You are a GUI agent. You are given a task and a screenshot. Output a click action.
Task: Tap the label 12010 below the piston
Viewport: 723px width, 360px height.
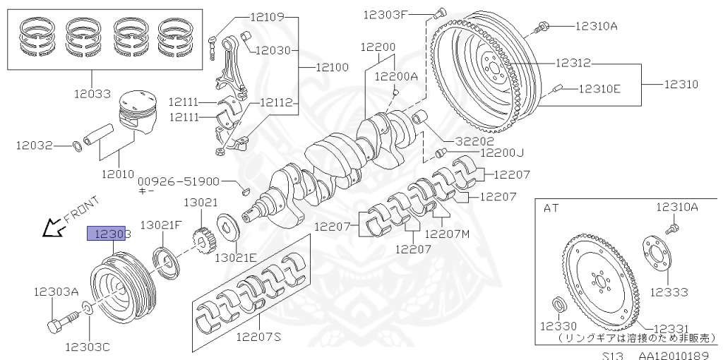tap(116, 172)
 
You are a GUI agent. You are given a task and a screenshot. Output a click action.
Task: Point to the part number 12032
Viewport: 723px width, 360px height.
tap(35, 145)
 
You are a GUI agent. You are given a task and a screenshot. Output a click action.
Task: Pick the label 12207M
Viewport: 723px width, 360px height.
tap(448, 234)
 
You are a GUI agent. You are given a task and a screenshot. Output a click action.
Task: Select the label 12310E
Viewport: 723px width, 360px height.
tap(599, 89)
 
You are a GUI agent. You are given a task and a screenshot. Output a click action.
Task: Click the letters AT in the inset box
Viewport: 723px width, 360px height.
tap(551, 208)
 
